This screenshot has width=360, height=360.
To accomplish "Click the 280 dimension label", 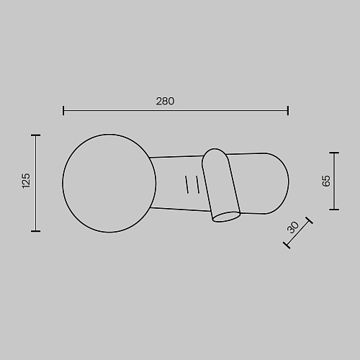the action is [x=165, y=101].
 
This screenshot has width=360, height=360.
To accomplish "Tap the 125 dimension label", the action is [x=26, y=181].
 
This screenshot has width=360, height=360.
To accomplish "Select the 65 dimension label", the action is [x=326, y=181].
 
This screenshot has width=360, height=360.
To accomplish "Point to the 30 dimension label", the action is [x=293, y=228].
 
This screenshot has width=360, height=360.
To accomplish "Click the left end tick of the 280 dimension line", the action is [x=63, y=110].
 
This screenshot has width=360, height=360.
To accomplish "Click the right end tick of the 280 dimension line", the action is [x=288, y=110].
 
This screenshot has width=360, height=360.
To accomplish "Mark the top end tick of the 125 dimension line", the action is [x=35, y=135].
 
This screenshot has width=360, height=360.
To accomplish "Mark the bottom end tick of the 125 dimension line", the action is [x=35, y=231].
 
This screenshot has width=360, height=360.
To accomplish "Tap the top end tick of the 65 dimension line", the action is [x=334, y=153].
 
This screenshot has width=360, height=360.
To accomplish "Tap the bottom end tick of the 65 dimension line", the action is [x=334, y=210].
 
